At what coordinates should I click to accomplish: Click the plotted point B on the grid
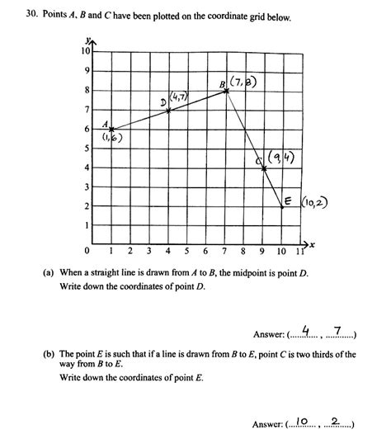coord(227,90)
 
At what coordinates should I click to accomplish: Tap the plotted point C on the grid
coord(264,168)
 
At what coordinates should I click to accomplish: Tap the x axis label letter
coord(313,245)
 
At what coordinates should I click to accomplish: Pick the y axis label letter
coord(85,41)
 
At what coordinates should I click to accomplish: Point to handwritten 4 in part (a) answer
coord(305,332)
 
